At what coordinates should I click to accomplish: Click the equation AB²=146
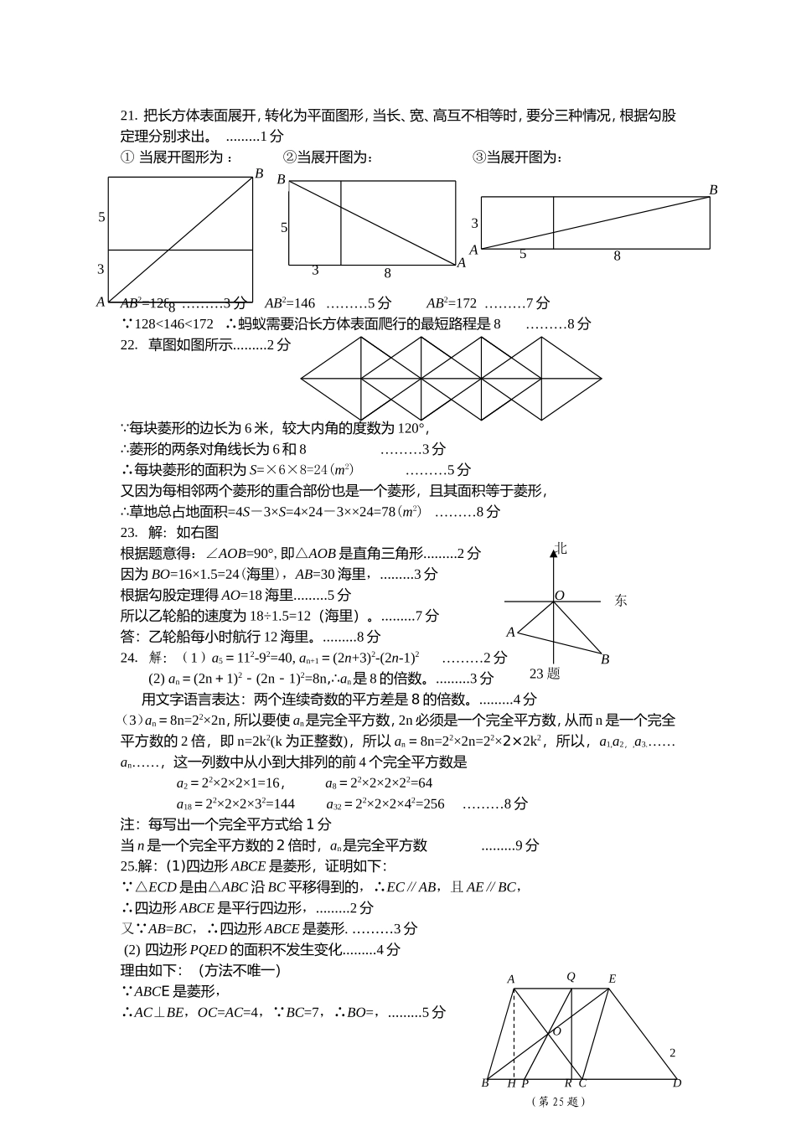289,303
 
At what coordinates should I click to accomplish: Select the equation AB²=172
451,303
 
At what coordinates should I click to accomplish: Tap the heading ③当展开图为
518,158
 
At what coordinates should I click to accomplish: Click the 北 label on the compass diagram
561,548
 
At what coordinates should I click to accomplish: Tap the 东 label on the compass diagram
620,600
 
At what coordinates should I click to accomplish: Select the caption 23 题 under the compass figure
545,673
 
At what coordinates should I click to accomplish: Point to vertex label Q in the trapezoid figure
571,977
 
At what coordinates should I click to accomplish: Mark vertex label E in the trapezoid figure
612,979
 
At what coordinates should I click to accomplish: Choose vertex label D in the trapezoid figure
677,1082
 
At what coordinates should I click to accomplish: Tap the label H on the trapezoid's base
511,1083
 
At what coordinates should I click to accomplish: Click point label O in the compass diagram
560,596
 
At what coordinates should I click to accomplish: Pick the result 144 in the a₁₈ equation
284,804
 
